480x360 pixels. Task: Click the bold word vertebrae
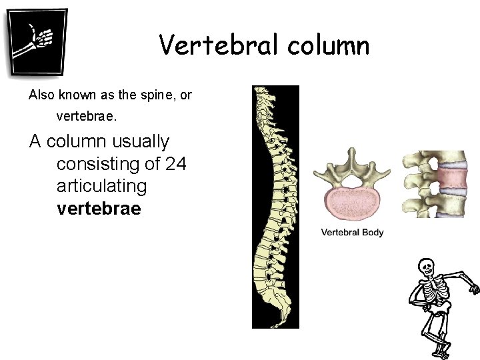tap(99, 209)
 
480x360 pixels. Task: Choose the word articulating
tap(101, 186)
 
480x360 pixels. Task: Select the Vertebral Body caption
tap(353, 233)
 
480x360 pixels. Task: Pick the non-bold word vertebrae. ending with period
tap(87, 117)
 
